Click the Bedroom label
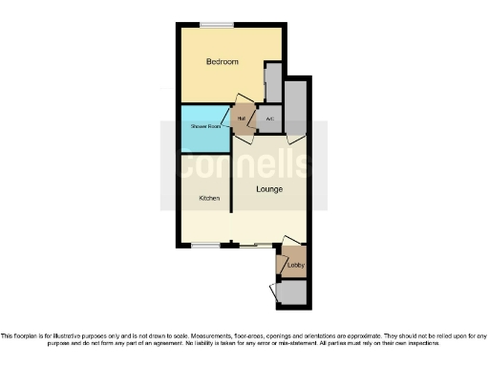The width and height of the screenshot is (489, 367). [x=223, y=62]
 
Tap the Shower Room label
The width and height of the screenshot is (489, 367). [x=204, y=127]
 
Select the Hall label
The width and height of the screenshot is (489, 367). [x=243, y=119]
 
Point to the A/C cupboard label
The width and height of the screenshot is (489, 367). [x=269, y=119]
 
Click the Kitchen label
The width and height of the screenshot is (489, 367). [x=209, y=199]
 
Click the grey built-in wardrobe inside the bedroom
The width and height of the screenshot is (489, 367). [x=272, y=84]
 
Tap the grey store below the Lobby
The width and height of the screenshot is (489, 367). [x=293, y=292]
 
